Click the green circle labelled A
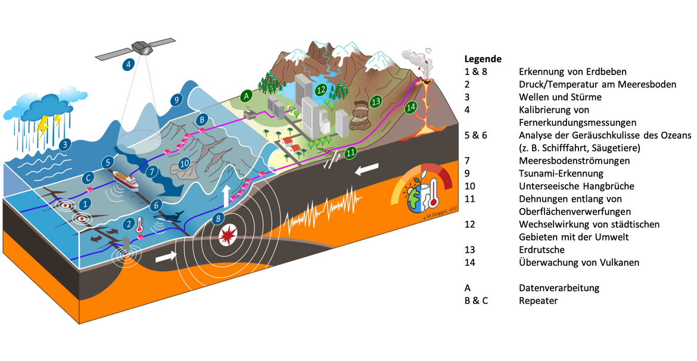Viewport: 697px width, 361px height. coord(246,95)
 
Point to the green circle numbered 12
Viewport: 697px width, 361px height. coord(321,91)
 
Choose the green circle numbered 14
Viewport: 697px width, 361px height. coord(410,108)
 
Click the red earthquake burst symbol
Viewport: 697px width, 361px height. coord(228,235)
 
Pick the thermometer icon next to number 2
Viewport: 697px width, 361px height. coord(139,225)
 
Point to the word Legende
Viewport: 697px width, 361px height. coord(483,59)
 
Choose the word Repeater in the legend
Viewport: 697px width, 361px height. coord(538,301)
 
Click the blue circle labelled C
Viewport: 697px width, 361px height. coord(88,177)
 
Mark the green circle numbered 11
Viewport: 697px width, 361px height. coord(351,153)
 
